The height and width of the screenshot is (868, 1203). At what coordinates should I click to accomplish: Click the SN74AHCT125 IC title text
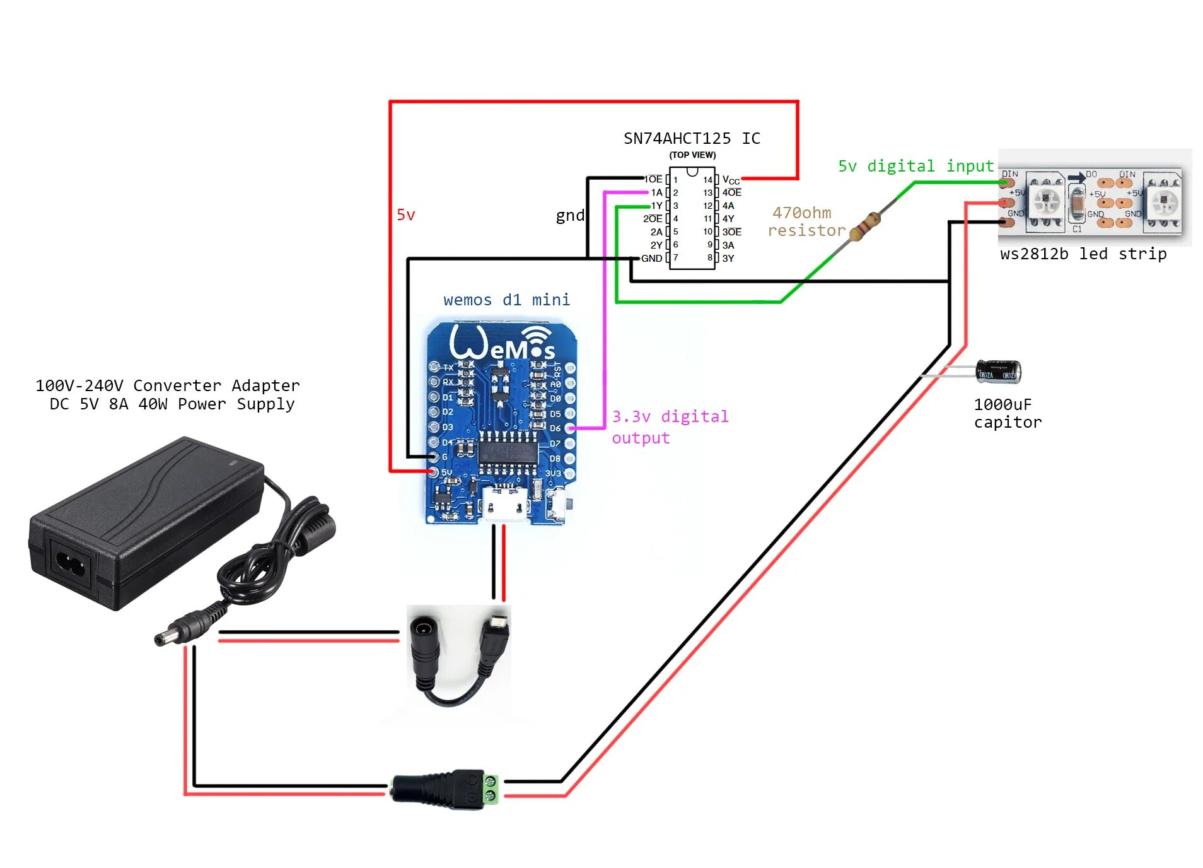tap(691, 138)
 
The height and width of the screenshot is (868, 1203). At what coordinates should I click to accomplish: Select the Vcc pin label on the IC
tap(730, 180)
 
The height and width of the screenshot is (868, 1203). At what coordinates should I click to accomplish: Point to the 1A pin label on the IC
tap(656, 192)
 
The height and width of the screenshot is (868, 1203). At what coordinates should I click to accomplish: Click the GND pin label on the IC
tap(651, 258)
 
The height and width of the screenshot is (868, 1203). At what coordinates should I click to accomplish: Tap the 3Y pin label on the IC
tap(728, 258)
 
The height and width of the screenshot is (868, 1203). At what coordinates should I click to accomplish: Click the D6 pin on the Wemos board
tap(569, 428)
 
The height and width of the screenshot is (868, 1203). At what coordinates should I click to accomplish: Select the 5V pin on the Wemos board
tap(434, 472)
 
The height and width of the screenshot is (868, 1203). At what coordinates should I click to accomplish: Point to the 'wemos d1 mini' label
tap(506, 300)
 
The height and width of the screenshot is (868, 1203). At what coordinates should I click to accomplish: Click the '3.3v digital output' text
tap(670, 426)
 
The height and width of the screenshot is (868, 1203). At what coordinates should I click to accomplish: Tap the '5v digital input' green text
tap(915, 166)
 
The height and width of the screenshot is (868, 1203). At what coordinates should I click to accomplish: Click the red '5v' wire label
tap(405, 215)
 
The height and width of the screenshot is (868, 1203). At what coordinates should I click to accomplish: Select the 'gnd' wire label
tap(570, 216)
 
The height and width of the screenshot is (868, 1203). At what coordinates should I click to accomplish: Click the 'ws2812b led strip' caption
tap(1083, 254)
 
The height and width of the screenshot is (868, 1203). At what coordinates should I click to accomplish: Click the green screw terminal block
tap(490, 789)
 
